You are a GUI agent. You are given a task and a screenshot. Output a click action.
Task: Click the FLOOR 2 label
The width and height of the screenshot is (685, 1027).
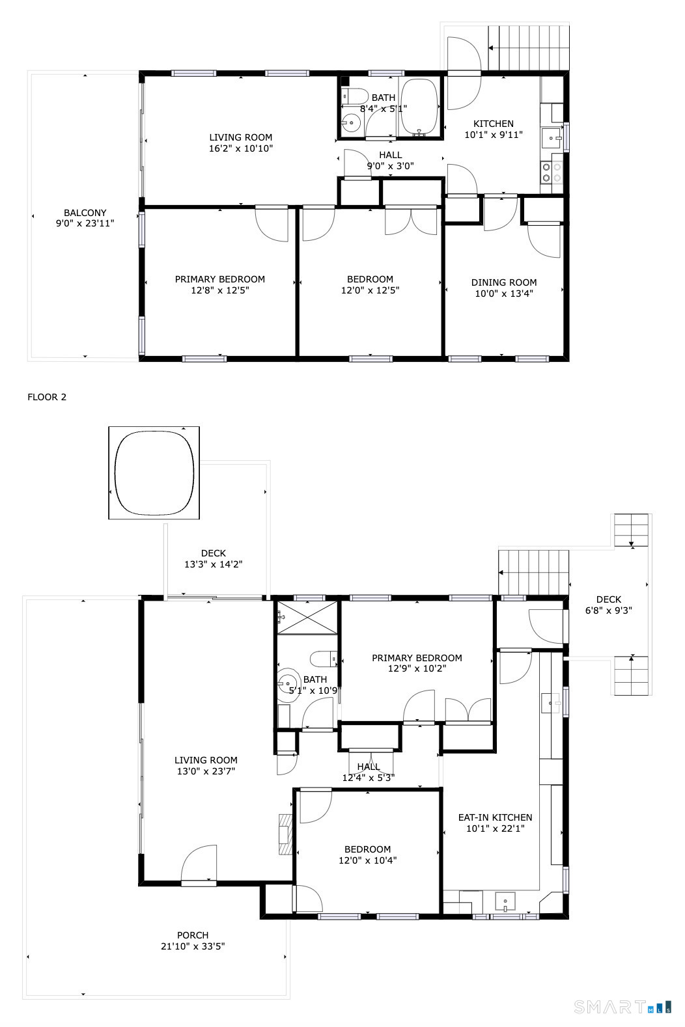(47, 397)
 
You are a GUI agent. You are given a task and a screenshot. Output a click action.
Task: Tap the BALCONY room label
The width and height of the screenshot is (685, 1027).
(85, 213)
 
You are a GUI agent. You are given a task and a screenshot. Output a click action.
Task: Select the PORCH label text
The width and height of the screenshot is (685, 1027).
(193, 935)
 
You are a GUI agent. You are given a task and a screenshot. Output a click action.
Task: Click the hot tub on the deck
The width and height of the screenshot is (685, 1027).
(154, 472)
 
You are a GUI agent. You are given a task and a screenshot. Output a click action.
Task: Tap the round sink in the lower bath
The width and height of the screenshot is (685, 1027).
(288, 683)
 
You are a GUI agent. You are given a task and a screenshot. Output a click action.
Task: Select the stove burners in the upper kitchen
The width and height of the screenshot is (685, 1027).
(551, 173)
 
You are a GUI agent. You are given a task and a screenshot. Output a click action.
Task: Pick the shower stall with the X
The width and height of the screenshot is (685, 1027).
(307, 618)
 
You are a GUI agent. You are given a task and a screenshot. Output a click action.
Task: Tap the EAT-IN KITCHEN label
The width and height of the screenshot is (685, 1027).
(495, 817)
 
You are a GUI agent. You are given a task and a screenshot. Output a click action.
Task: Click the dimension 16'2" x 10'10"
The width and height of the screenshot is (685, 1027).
(241, 148)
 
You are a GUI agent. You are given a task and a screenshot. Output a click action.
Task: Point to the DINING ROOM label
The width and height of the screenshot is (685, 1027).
(504, 282)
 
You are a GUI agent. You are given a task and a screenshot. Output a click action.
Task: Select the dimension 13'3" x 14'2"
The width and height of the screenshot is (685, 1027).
(214, 564)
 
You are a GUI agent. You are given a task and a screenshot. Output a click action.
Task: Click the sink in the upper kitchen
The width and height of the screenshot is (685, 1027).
(552, 138)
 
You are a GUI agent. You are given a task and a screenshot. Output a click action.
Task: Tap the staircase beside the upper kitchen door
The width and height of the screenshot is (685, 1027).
(529, 48)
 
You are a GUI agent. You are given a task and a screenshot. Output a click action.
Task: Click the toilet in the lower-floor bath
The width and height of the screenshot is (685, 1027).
(324, 659)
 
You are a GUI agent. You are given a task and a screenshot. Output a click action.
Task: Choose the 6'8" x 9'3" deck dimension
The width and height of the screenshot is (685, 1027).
(608, 610)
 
